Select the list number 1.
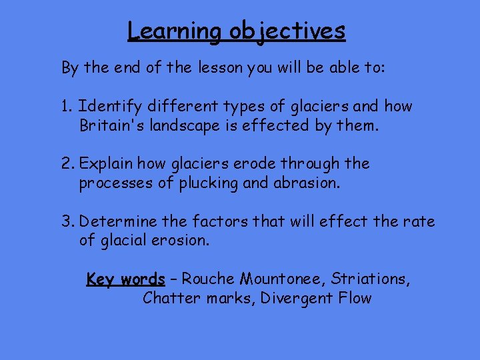click(66, 107)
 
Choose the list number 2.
click(67, 164)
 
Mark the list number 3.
click(67, 221)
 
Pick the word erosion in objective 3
click(181, 240)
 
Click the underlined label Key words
click(125, 279)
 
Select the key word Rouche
click(207, 279)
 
